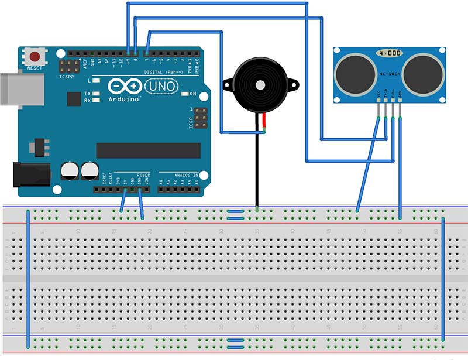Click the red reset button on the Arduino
coord(35,57)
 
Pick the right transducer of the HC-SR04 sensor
coord(423,73)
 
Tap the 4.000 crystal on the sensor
coord(390,53)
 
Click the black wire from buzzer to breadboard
coord(256,170)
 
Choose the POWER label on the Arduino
coord(143,175)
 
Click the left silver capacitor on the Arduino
coord(70,171)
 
